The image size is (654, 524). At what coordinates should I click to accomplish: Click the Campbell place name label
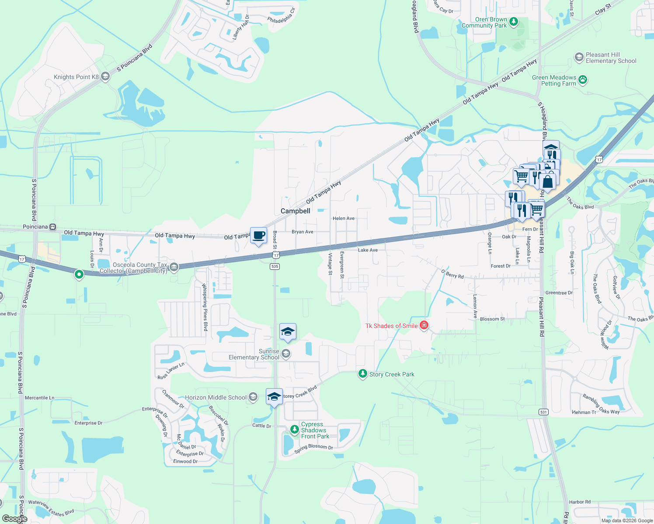(296, 211)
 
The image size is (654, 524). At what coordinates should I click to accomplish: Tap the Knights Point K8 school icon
(105, 77)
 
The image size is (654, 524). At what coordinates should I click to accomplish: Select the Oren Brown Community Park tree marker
(514, 21)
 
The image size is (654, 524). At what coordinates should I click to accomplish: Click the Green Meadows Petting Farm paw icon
(583, 80)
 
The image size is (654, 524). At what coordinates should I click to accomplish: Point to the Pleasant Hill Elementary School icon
(579, 57)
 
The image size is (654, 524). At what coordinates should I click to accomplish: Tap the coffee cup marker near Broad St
(258, 236)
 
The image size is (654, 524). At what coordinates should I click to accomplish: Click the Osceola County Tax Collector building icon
(174, 267)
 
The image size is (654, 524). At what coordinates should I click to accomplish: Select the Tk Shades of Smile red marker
(424, 325)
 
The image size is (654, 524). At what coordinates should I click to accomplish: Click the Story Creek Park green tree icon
(362, 374)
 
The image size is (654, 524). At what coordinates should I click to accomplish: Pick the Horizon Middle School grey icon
(253, 397)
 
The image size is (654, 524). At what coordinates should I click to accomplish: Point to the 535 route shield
(275, 266)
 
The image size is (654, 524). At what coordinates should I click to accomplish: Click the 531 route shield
(543, 412)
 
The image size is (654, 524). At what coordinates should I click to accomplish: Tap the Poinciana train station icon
(53, 227)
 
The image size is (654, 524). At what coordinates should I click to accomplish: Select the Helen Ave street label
(344, 218)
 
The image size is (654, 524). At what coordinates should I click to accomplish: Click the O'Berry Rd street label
(452, 274)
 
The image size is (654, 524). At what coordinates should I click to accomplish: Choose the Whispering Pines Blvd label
(204, 307)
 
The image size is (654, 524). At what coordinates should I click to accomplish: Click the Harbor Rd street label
(580, 502)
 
